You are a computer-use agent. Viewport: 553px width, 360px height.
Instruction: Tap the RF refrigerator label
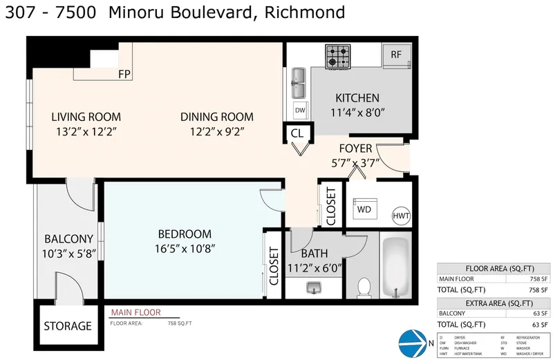pos(396,55)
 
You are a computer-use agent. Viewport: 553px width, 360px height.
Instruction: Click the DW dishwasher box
pos(300,110)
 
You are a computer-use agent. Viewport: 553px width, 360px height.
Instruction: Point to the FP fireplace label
pos(124,74)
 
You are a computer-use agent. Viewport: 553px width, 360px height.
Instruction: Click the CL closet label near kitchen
pos(297,133)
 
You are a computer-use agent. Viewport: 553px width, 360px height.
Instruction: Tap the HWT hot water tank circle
pos(401,216)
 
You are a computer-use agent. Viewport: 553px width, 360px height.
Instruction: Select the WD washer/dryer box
pos(364,207)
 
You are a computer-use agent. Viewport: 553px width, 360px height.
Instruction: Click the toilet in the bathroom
pos(364,285)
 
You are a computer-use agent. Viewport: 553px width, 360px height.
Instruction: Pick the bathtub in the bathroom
pos(395,269)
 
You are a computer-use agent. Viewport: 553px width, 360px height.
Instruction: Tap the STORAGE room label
pos(68,326)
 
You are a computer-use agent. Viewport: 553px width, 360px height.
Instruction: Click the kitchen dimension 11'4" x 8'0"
pos(357,111)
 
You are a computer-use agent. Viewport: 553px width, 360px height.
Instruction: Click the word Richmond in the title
pos(308,13)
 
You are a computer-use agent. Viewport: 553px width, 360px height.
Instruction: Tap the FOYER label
pos(355,149)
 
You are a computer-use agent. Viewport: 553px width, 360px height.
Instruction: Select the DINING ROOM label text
pos(216,117)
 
